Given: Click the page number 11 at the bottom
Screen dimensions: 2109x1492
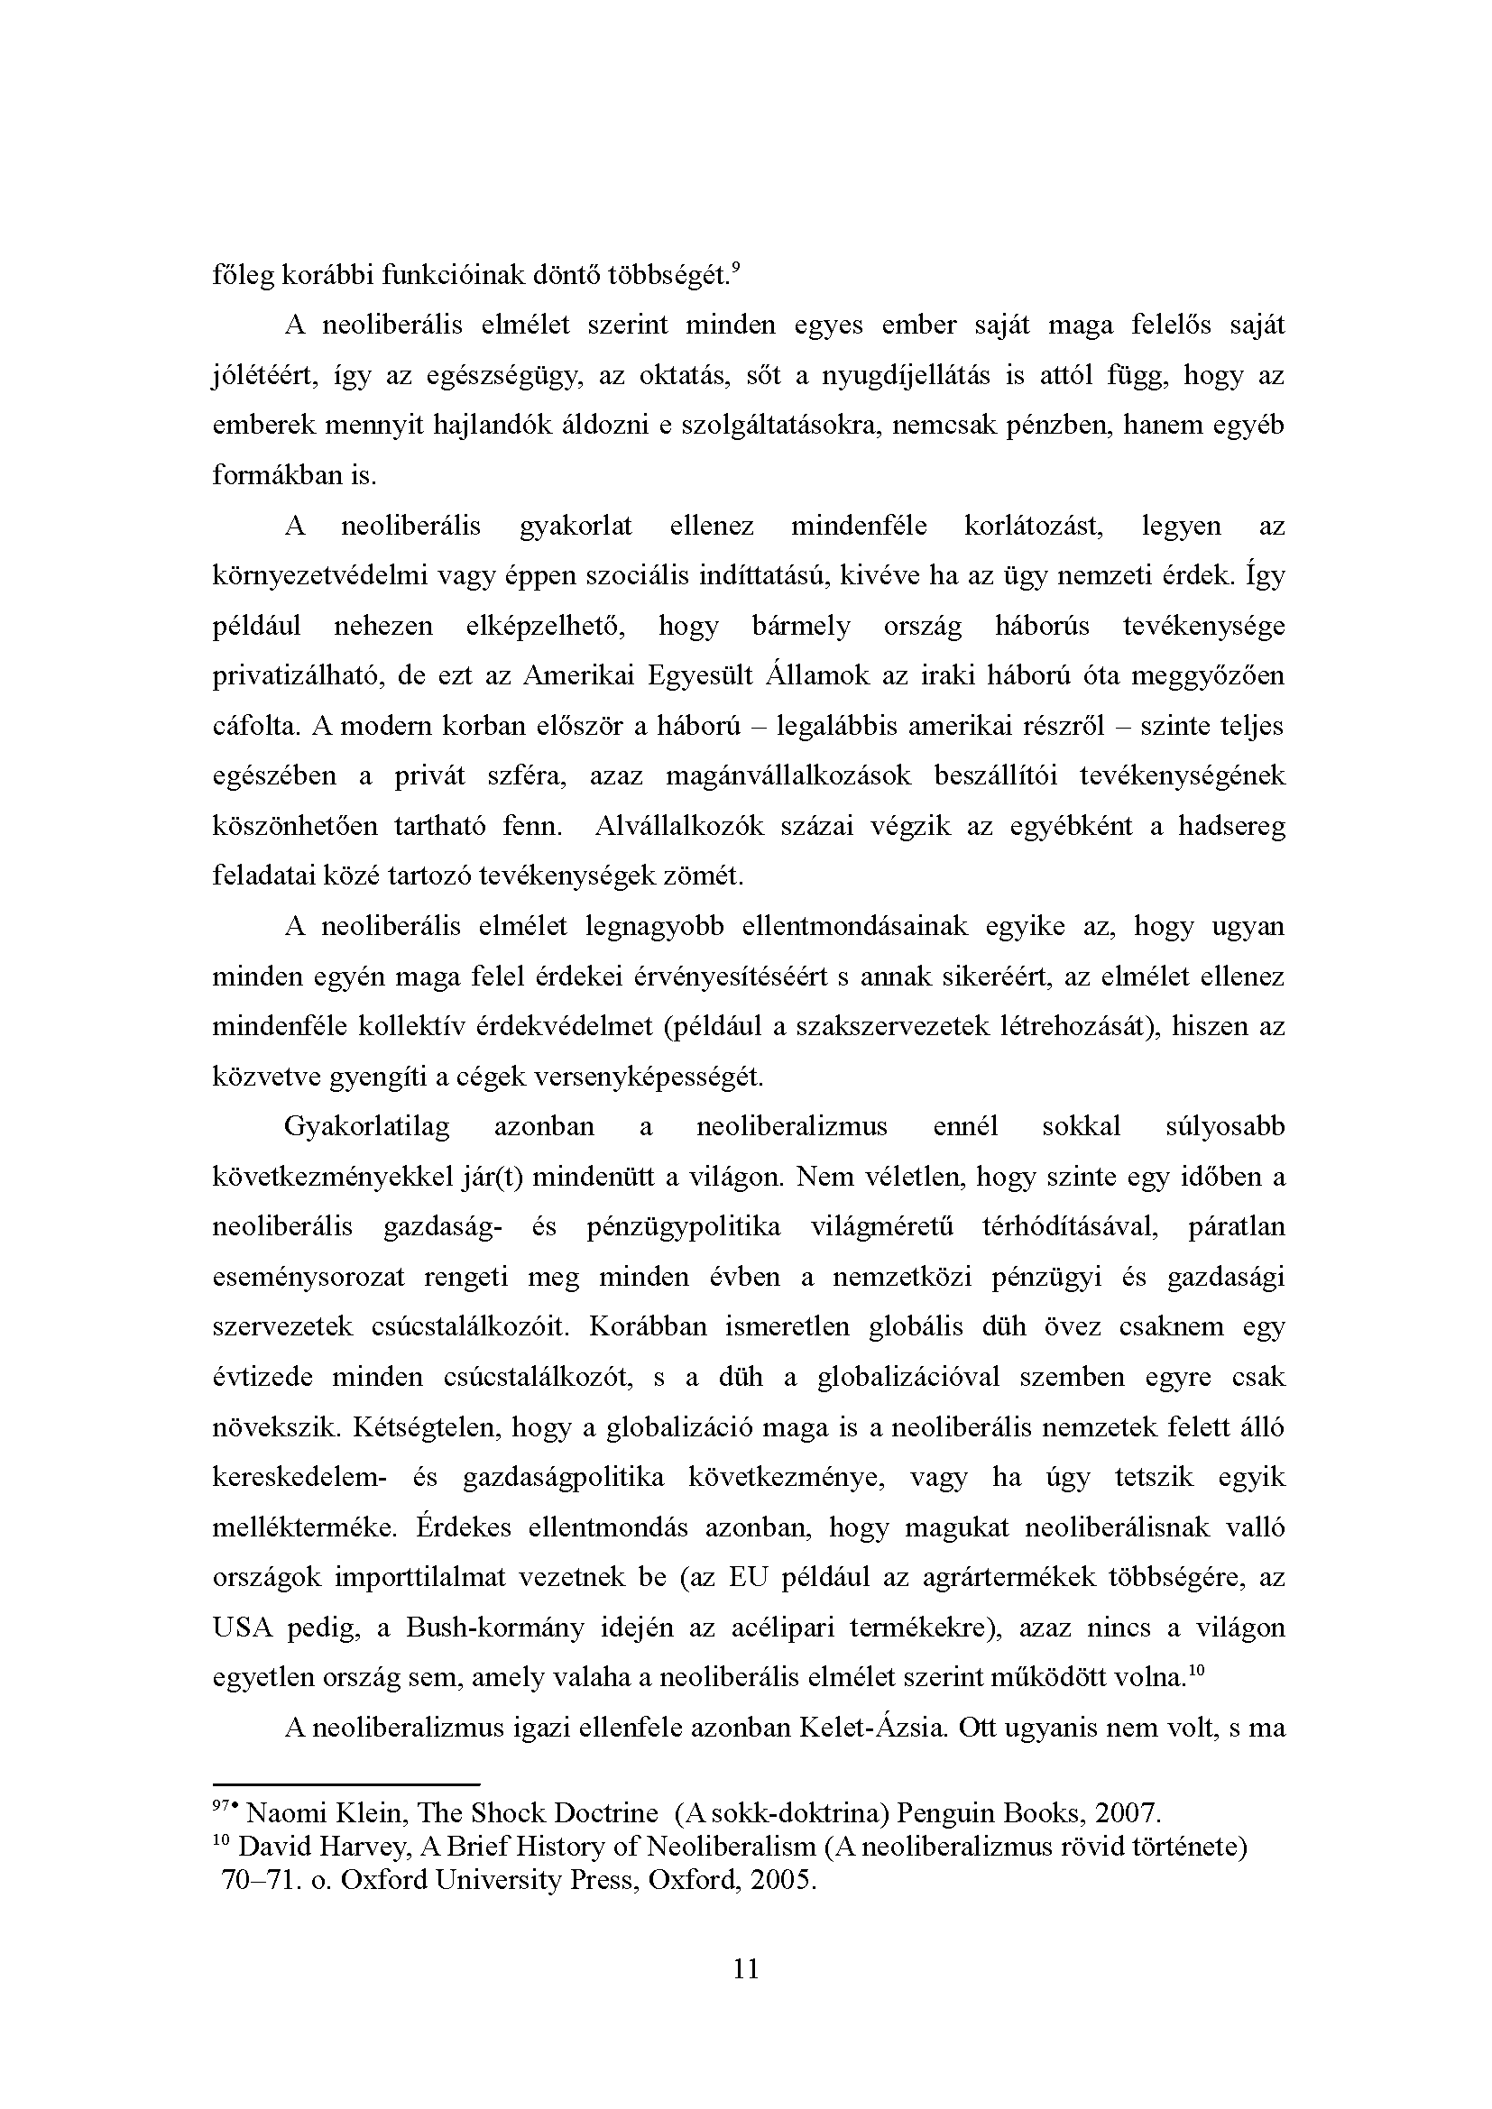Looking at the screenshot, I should coord(746,1968).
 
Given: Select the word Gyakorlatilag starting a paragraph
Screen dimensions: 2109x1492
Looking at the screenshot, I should coord(366,1126).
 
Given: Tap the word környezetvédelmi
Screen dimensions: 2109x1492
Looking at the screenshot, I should coord(317,576).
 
